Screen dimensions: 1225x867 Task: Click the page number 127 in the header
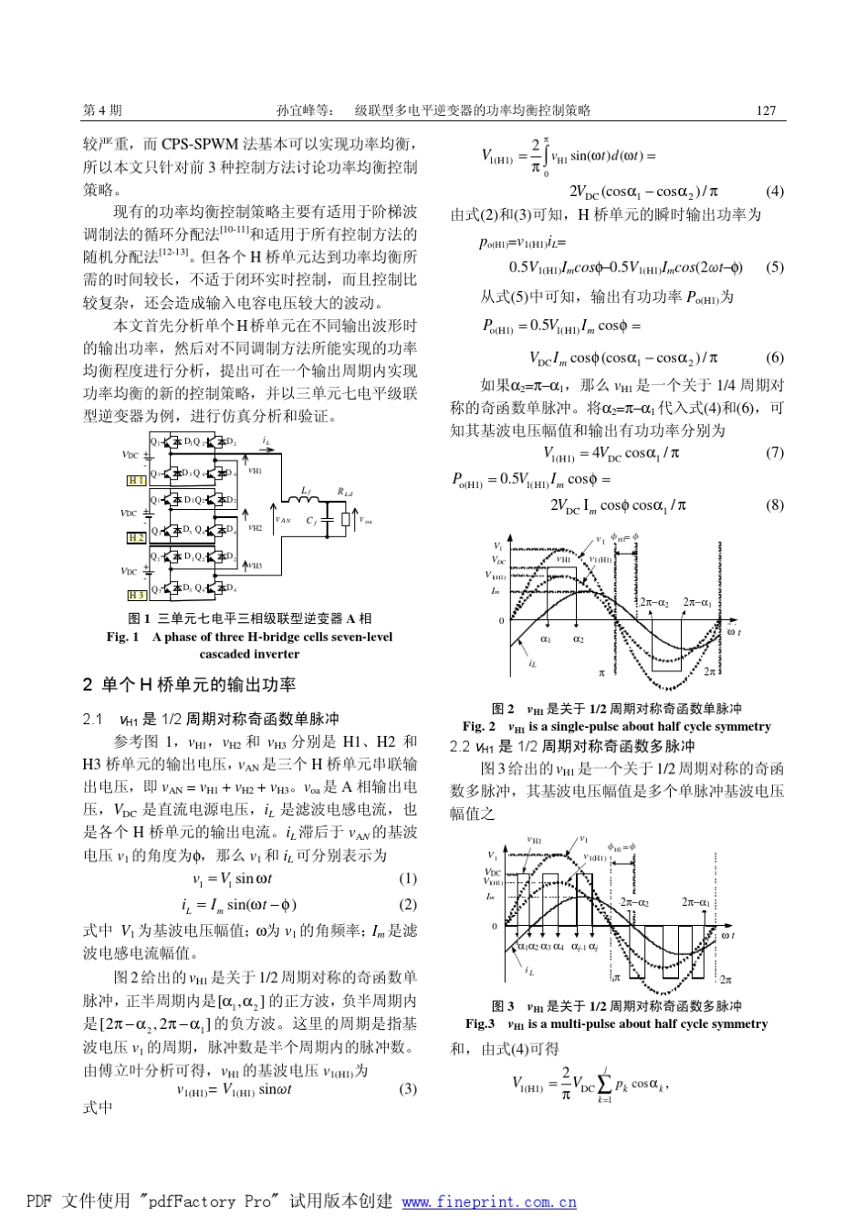tap(766, 110)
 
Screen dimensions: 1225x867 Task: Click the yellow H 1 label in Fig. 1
tap(136, 480)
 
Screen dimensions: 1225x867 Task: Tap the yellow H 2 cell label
tap(136, 538)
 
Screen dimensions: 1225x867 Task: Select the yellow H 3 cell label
tap(136, 595)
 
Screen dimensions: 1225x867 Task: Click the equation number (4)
tap(774, 192)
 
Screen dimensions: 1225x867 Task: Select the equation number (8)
tap(774, 504)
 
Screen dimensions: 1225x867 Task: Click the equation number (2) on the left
tap(408, 905)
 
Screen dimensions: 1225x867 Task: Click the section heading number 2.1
tap(93, 720)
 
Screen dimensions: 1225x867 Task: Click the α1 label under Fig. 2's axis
tap(545, 639)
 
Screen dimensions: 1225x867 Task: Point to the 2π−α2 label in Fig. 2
tap(657, 602)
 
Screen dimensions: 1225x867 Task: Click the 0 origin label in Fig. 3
tap(496, 926)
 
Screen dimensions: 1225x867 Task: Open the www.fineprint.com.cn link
tap(489, 1201)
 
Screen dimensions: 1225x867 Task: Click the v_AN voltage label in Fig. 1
tap(285, 520)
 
